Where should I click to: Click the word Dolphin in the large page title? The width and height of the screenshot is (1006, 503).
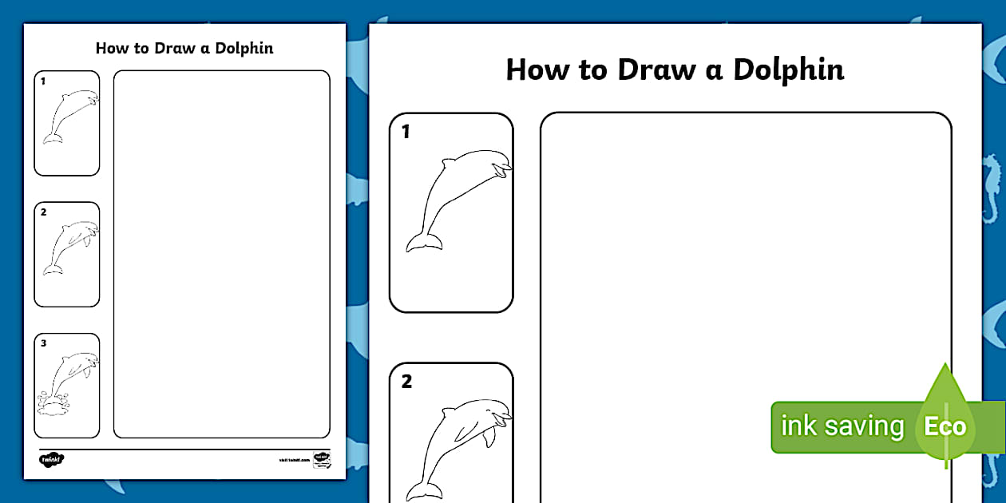coord(789,70)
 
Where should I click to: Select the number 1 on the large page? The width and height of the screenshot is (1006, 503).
coord(406,133)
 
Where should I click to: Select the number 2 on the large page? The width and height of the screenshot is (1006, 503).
coord(406,382)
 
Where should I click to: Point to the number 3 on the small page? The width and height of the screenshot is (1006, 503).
coord(44,343)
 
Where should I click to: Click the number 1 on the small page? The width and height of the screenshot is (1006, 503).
coord(43,81)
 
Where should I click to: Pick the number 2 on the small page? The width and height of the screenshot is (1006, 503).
coord(44,212)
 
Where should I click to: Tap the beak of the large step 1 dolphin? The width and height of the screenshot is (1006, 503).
coord(502,169)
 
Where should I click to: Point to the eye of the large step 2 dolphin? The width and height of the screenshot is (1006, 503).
coord(493,414)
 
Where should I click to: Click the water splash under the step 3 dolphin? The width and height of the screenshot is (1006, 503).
coord(54,404)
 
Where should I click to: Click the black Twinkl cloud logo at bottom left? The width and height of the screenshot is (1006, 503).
coord(51,459)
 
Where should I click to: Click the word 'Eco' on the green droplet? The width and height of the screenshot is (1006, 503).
coord(945,426)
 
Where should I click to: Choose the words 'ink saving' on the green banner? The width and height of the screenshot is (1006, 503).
coord(842,426)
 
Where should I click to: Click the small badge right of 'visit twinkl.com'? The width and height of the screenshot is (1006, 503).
coord(322,459)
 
